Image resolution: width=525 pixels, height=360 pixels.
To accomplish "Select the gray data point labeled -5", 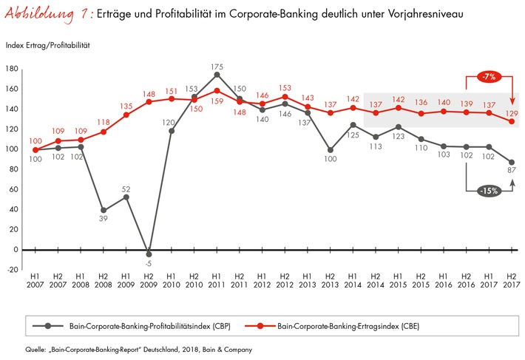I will tap(149, 254).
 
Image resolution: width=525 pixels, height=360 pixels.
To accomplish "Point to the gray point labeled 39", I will tap(104, 210).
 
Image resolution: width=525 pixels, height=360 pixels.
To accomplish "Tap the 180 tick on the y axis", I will tap(11, 69).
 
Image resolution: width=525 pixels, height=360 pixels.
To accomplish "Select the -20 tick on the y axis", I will tap(11, 270).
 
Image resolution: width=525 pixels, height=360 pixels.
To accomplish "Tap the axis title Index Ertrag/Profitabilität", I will tap(47, 46).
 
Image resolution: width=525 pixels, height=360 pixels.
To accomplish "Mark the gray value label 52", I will tap(126, 187).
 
